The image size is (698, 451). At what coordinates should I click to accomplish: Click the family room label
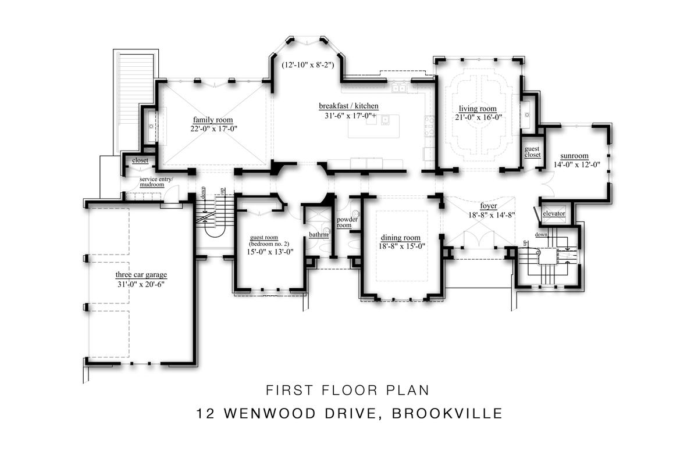coord(213,120)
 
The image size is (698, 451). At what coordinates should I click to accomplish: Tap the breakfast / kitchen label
coord(348,106)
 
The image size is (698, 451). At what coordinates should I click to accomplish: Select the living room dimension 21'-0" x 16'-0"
coord(477,117)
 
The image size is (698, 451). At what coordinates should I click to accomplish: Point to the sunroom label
coord(574,156)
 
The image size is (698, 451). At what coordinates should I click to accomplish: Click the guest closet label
coord(532,152)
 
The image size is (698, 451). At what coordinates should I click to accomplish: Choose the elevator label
coord(554,213)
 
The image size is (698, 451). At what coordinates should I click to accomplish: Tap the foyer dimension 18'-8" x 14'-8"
coord(492,215)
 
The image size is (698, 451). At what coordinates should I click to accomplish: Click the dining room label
coord(400,238)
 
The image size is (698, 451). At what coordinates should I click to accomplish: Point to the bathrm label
coord(319,235)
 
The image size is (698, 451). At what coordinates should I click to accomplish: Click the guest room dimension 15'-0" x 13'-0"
coord(270,252)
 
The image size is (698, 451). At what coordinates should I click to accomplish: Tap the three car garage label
coord(141,275)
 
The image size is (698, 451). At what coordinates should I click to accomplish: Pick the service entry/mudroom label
coord(156,182)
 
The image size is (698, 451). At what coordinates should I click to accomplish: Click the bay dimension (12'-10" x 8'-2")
coord(308,65)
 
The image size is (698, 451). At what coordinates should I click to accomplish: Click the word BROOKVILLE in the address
coord(447,414)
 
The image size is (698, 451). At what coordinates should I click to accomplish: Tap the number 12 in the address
coord(205,414)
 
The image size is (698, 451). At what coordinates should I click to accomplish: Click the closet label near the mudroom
coord(140,160)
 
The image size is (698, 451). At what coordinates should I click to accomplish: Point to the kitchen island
coord(373,126)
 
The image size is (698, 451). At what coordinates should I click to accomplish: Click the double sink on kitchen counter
coord(399,88)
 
